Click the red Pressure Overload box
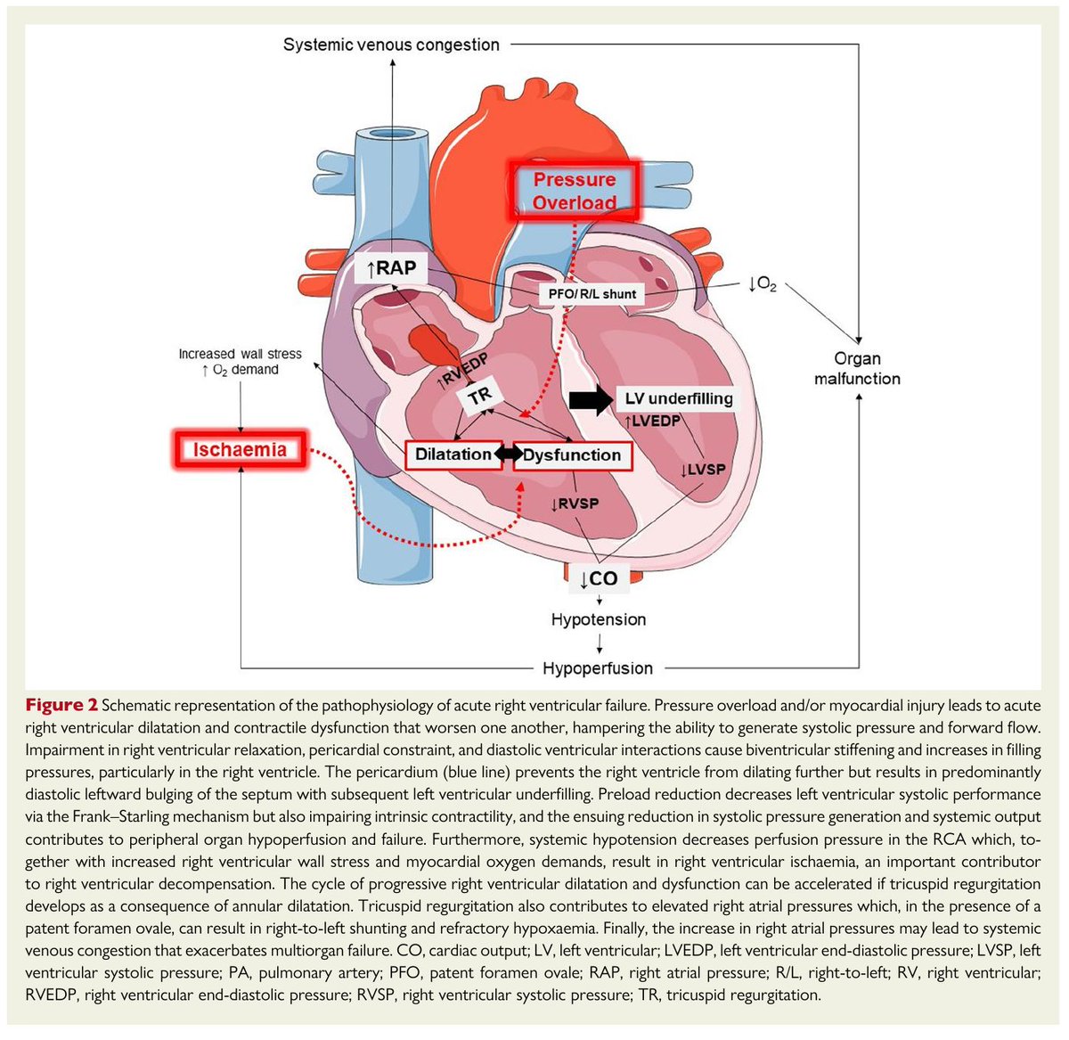click(x=575, y=191)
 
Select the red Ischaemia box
click(x=240, y=449)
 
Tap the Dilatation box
click(x=453, y=454)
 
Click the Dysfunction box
click(x=572, y=454)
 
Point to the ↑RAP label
click(x=390, y=268)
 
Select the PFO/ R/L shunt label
click(x=592, y=293)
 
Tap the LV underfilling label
click(x=678, y=398)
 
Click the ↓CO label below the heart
click(x=599, y=578)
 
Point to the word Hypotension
click(x=599, y=619)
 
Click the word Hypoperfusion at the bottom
click(x=599, y=667)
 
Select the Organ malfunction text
click(x=857, y=368)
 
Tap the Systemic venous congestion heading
click(x=391, y=45)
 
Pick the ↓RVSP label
click(x=575, y=504)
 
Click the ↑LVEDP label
click(x=652, y=421)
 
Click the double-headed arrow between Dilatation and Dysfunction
click(x=509, y=454)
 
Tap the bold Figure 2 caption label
click(x=61, y=705)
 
